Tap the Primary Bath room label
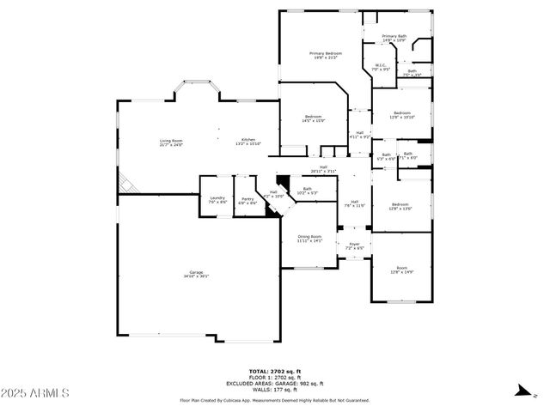click(x=394, y=39)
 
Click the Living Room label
click(x=170, y=142)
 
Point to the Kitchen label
click(x=248, y=142)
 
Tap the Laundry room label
click(x=217, y=199)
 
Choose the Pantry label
click(x=247, y=201)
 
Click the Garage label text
click(x=196, y=275)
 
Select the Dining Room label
click(x=309, y=238)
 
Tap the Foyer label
click(x=354, y=245)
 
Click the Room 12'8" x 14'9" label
click(x=402, y=270)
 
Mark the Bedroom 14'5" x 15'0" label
click(x=313, y=118)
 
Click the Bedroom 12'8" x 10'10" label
click(x=402, y=114)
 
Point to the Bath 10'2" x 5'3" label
click(x=307, y=191)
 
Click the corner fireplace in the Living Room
click(x=126, y=183)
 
